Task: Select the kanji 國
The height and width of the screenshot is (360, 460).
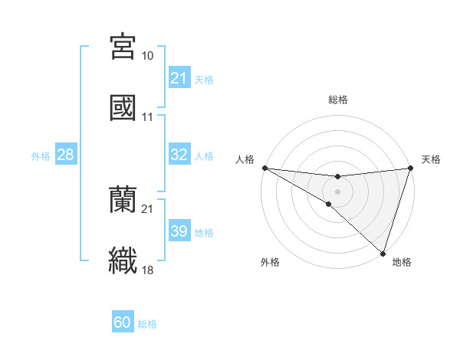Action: point(123,107)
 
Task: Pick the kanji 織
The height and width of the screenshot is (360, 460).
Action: point(123,260)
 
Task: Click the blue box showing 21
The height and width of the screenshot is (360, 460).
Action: point(179,78)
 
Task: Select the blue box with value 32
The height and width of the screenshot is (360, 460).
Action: point(179,155)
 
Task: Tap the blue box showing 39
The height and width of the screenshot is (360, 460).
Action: point(179,231)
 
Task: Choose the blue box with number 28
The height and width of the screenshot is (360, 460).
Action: point(66,155)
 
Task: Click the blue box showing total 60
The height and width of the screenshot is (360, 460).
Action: point(123,322)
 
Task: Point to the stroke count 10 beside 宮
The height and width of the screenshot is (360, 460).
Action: point(148,56)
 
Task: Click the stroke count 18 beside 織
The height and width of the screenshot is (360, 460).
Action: point(148,270)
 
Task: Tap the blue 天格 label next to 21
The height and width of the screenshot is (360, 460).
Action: point(204,79)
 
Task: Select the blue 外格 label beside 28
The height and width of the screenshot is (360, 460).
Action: point(41,155)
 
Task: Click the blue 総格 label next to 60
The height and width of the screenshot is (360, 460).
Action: point(147,323)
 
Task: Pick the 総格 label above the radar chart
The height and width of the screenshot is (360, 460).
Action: point(337,100)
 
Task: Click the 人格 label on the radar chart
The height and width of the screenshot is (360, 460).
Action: point(245,159)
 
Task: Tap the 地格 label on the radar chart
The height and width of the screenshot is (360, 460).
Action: point(402,263)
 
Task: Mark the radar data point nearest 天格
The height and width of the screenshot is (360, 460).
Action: point(410,168)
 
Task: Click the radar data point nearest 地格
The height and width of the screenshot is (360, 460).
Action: point(383,253)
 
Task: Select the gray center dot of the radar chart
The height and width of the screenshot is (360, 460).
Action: point(337,191)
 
